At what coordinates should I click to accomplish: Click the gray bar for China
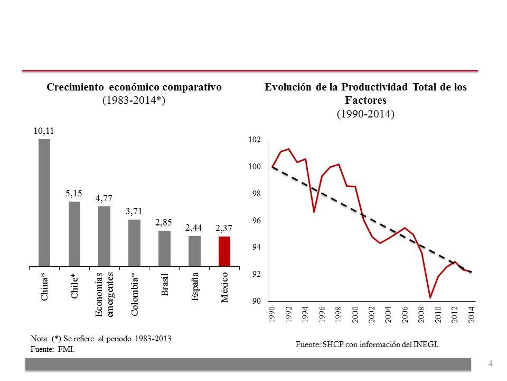pos(44,202)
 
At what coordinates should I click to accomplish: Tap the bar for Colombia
pos(135,242)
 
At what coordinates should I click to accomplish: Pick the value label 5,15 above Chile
pos(74,195)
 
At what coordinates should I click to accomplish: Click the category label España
pos(195,286)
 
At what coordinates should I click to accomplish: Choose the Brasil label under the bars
pos(165,285)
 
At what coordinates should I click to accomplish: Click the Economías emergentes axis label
pos(105,294)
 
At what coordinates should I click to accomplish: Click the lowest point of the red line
pos(430,297)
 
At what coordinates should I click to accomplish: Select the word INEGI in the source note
pos(426,344)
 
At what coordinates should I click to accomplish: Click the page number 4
pos(491,364)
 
